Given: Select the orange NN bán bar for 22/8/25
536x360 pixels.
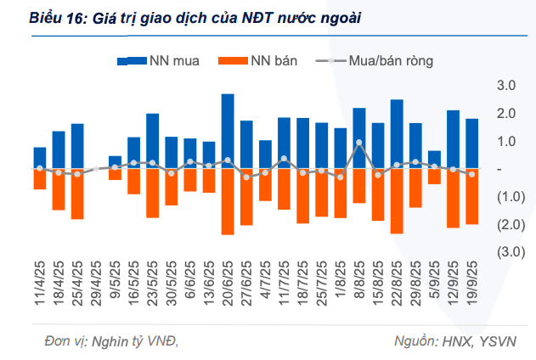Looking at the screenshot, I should (397, 200).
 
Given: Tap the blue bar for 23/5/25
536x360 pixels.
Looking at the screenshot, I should (153, 141).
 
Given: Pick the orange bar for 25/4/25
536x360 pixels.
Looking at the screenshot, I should (77, 194).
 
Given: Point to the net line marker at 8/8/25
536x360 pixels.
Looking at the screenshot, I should (359, 143).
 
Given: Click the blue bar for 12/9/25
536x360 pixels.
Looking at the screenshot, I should (453, 139).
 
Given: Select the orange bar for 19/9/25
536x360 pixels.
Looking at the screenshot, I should (471, 196).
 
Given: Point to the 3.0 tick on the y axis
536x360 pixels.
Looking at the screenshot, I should (506, 86).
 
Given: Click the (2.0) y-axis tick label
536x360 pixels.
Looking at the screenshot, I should (506, 224).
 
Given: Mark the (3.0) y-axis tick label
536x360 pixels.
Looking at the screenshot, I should (506, 252).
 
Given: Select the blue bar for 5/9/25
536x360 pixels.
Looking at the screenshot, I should (434, 160).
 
